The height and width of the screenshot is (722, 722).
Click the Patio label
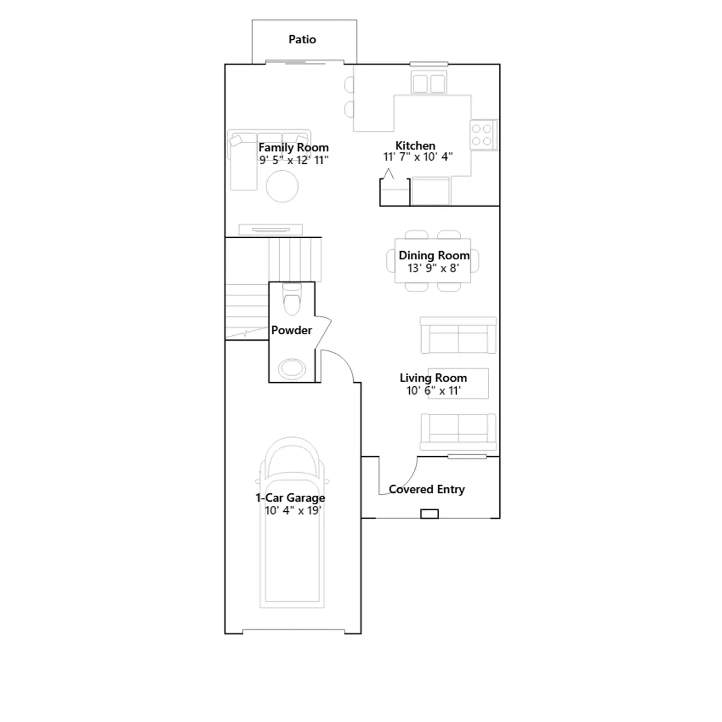click(x=302, y=40)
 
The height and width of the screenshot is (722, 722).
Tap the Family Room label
click(x=293, y=148)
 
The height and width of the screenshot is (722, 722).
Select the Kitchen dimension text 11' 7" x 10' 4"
click(x=418, y=157)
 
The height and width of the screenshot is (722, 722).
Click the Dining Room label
click(x=434, y=255)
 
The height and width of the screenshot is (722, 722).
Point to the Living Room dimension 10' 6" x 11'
click(x=434, y=391)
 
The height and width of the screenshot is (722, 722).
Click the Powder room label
click(x=292, y=330)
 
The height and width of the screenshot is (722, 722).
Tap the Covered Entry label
click(x=427, y=490)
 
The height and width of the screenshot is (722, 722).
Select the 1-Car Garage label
click(x=290, y=498)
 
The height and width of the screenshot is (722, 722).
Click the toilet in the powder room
click(x=292, y=298)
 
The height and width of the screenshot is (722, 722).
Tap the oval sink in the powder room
click(x=292, y=369)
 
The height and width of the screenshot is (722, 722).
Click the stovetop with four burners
click(x=483, y=134)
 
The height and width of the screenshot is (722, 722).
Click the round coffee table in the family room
click(x=282, y=186)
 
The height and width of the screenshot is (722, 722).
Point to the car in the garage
click(x=292, y=523)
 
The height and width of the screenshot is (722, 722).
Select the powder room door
click(x=324, y=332)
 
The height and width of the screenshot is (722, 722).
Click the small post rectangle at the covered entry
click(x=430, y=514)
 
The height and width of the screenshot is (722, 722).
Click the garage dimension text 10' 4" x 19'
click(x=293, y=510)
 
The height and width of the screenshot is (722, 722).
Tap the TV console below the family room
click(x=271, y=230)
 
